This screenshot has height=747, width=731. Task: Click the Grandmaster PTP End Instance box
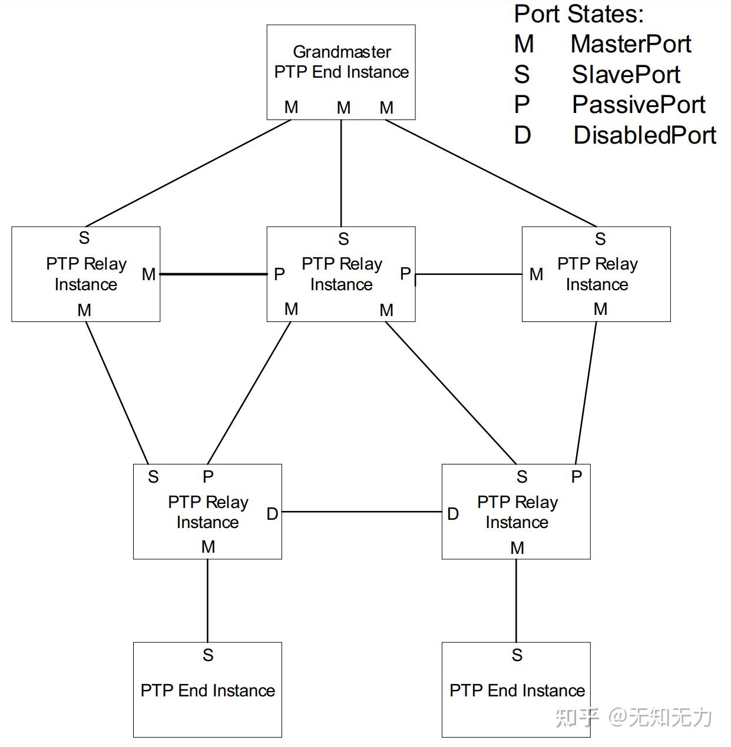click(341, 62)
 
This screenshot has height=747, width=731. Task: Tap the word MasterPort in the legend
click(630, 44)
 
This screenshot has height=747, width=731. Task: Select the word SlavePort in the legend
click(626, 75)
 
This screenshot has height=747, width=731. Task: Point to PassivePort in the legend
click(638, 105)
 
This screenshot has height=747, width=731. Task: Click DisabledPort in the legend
click(644, 135)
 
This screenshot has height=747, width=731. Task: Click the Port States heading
click(578, 14)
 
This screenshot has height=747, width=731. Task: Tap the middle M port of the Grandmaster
click(343, 108)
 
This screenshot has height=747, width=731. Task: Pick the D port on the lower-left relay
click(272, 514)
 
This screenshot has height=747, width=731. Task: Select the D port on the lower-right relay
click(452, 514)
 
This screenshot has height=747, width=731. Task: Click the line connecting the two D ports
click(362, 512)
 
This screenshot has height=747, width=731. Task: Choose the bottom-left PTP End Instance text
click(207, 690)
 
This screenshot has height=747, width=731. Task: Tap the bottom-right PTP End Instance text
click(517, 690)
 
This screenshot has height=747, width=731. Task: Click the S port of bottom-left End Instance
click(208, 655)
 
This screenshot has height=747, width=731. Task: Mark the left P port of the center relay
click(279, 274)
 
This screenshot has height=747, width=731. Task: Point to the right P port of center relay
click(405, 274)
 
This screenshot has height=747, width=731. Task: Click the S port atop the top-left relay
click(84, 238)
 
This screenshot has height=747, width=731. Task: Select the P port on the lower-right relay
click(577, 477)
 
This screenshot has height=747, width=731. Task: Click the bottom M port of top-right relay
click(600, 309)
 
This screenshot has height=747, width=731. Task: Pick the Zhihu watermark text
click(633, 717)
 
